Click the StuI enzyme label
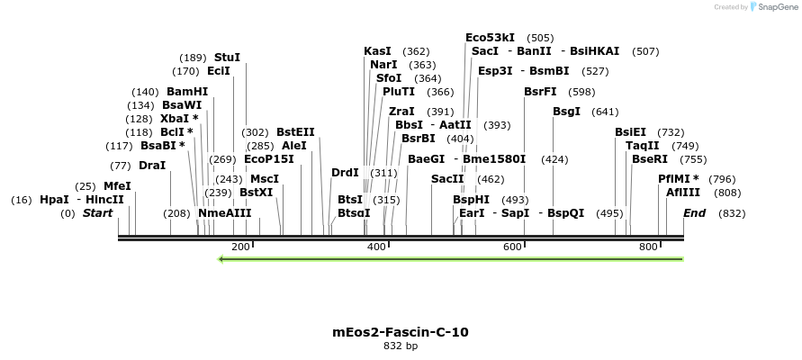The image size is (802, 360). click(227, 57)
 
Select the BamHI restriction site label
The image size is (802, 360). click(187, 92)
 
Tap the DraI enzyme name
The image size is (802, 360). click(152, 166)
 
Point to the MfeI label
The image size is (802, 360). click(117, 186)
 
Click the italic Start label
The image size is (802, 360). click(98, 213)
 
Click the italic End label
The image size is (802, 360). click(695, 213)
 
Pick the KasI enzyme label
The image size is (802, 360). click(378, 51)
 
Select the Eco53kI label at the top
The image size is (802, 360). click(490, 38)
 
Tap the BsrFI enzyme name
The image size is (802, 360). click(540, 92)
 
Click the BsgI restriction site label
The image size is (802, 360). click(567, 112)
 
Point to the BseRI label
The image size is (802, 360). click(650, 159)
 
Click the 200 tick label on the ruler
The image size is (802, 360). click(240, 247)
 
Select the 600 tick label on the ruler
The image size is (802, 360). click(513, 247)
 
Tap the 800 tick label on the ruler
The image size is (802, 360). click(648, 247)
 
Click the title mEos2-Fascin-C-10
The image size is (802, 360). click(401, 332)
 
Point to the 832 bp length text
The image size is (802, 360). click(401, 346)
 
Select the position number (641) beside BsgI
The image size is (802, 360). click(605, 112)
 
